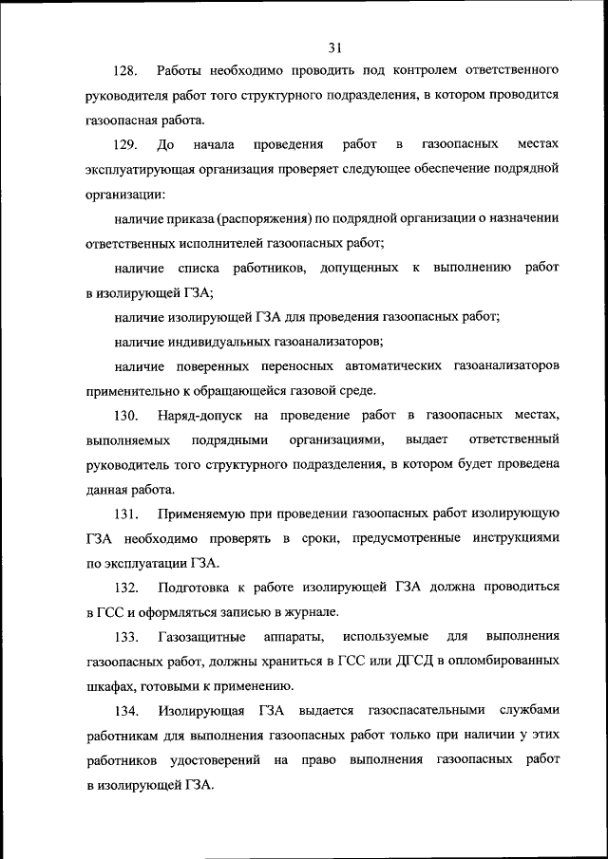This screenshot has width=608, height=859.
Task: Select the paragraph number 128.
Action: (x=127, y=71)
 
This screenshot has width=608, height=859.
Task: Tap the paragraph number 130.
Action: (x=127, y=416)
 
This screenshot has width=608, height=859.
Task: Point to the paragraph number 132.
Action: (x=127, y=588)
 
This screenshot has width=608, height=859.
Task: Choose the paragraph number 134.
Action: (x=127, y=711)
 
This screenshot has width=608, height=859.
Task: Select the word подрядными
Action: (x=229, y=440)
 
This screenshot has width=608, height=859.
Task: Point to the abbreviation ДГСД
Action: (x=384, y=662)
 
